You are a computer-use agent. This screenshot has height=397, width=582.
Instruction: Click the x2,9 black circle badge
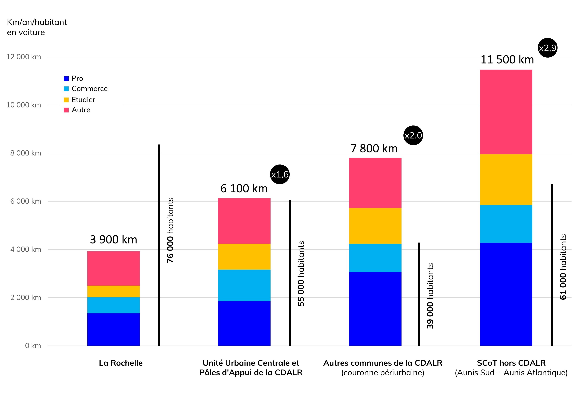tap(547, 48)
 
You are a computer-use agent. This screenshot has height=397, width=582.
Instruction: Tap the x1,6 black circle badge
tap(280, 174)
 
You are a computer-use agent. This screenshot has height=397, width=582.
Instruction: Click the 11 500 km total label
tap(507, 60)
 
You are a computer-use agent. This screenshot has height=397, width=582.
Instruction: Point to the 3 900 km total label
tap(113, 239)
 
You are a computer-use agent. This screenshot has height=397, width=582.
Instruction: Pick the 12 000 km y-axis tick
tap(24, 57)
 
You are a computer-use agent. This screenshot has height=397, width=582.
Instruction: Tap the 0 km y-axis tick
tap(33, 346)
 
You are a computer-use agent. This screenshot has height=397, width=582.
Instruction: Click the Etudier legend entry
tap(83, 100)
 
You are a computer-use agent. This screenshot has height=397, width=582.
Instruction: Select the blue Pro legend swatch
tap(66, 79)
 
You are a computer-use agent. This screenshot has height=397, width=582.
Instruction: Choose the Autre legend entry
tap(81, 110)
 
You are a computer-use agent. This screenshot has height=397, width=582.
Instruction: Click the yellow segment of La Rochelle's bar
tap(113, 291)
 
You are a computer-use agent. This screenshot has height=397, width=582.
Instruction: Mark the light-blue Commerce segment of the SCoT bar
tap(506, 224)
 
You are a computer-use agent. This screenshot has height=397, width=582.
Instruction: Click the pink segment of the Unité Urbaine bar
tap(244, 221)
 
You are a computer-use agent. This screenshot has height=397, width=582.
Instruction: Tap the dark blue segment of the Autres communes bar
tap(375, 309)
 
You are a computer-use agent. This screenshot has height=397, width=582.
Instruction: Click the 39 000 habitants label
tap(430, 296)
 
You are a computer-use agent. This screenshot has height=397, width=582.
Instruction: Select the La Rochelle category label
tap(121, 363)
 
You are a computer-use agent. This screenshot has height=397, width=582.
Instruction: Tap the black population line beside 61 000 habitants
tap(552, 265)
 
